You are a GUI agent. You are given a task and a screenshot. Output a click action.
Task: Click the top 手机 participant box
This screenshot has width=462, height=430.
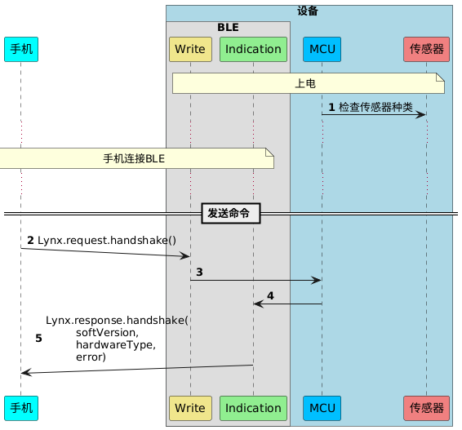[20, 49]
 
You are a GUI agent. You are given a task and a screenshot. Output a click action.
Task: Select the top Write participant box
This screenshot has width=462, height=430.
[190, 49]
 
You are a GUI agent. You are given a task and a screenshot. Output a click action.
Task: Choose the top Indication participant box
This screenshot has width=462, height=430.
[253, 49]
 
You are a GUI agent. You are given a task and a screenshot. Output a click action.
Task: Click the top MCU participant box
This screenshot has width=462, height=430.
[322, 49]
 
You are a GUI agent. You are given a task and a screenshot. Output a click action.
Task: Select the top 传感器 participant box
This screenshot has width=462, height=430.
[426, 49]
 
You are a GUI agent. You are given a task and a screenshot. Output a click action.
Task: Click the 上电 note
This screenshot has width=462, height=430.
[307, 83]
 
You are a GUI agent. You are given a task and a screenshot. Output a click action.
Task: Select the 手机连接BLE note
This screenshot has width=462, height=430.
[135, 158]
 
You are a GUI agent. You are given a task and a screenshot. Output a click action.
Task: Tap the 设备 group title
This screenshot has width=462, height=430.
[308, 11]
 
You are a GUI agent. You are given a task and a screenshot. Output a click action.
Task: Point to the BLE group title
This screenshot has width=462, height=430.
[229, 27]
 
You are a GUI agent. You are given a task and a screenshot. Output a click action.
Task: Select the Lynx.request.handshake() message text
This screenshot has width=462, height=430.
[106, 240]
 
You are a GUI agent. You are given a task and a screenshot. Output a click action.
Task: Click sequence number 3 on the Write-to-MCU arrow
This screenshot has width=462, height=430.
[199, 271]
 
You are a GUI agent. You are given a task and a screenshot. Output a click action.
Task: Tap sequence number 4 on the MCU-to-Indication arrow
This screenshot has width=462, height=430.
[270, 295]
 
